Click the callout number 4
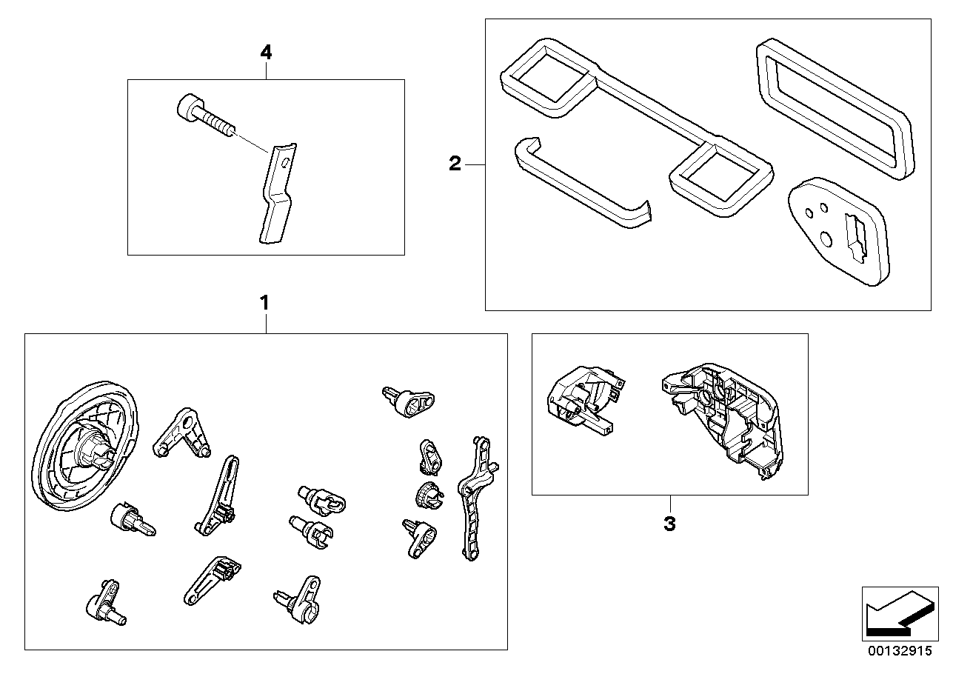pyautogui.click(x=266, y=53)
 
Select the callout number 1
pyautogui.click(x=264, y=303)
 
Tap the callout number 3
pyautogui.click(x=669, y=524)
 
